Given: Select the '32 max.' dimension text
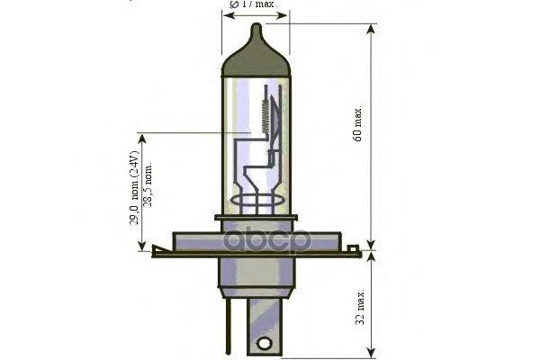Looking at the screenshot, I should (358, 306).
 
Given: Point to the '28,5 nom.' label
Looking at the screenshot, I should (148, 193).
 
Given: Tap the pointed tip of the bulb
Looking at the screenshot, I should (256, 27).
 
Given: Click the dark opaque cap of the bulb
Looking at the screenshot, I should (256, 58).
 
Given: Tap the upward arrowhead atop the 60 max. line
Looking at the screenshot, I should (371, 29).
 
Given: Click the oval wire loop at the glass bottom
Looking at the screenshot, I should (256, 200).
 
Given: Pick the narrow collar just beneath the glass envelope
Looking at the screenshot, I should (256, 219).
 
